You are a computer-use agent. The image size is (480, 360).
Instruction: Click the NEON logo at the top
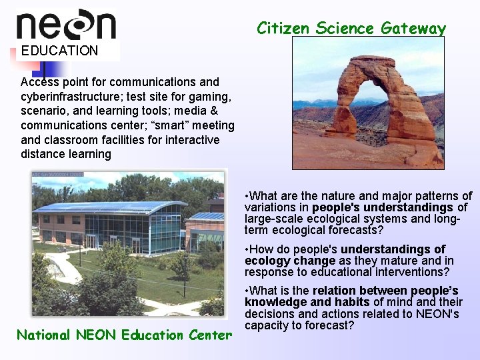[66, 25]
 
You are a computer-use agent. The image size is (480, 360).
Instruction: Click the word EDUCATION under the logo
[59, 51]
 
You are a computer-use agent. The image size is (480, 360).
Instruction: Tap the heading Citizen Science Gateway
[351, 28]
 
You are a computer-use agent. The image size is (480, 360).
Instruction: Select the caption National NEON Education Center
[125, 335]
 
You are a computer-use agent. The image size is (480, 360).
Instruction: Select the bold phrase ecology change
[290, 261]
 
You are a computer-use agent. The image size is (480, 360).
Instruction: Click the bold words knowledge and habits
[307, 302]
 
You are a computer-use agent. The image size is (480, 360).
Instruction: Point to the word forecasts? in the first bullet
[352, 231]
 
